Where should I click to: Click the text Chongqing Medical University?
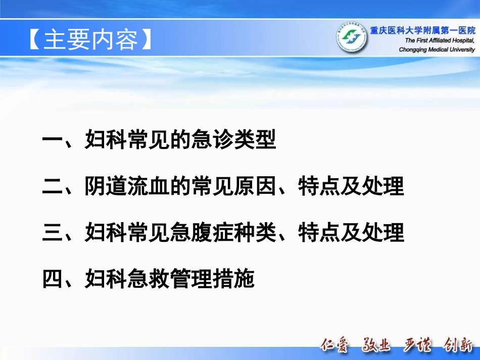coord(437,49)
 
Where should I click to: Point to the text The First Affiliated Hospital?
coord(440,40)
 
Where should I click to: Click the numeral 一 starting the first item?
coord(52,141)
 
